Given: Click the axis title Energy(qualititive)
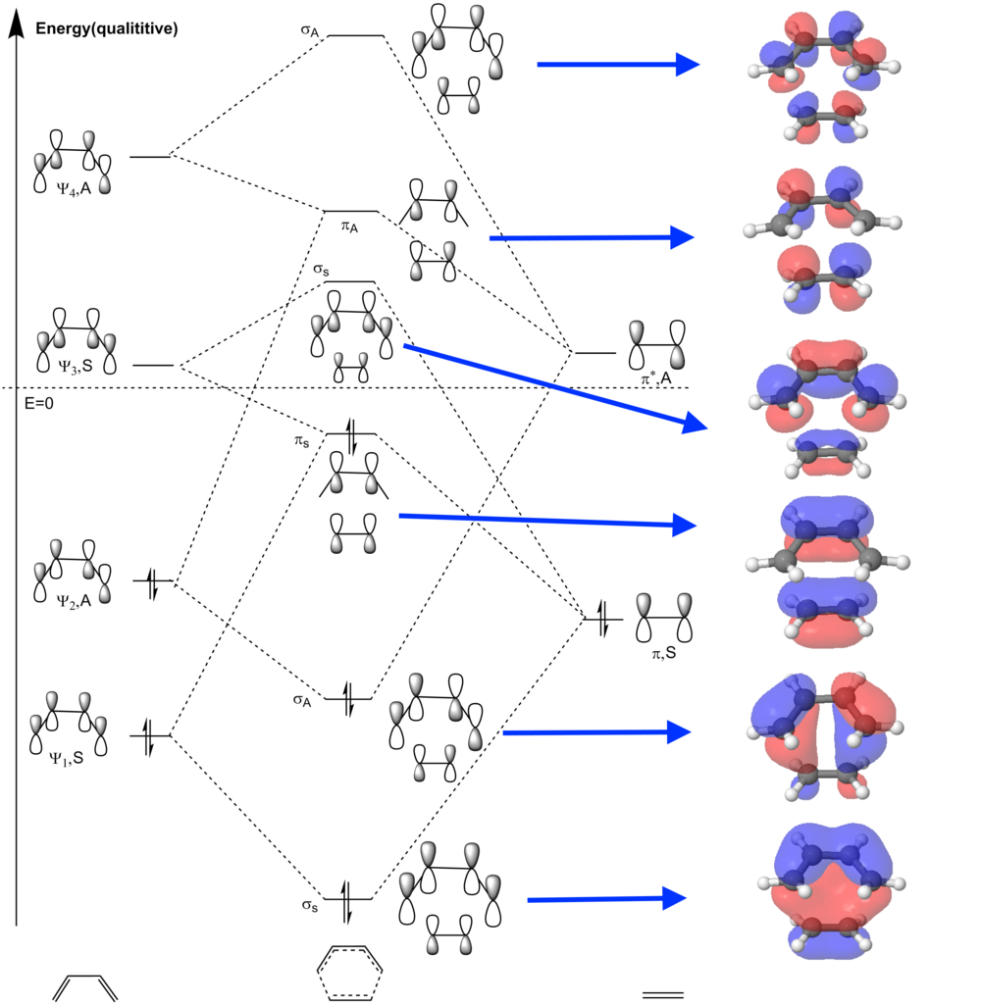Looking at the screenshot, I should (106, 28).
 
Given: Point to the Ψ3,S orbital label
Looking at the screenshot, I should (75, 395).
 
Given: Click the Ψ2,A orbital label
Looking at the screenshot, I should (75, 601).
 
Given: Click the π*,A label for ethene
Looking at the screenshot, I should (651, 377).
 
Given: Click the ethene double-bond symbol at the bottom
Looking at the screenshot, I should (662, 994).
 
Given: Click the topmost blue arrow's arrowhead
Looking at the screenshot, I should (687, 65).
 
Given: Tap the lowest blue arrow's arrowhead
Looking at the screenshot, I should (673, 898).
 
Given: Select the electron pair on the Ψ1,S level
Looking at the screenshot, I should (149, 735).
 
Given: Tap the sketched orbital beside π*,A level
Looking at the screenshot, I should (656, 342).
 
